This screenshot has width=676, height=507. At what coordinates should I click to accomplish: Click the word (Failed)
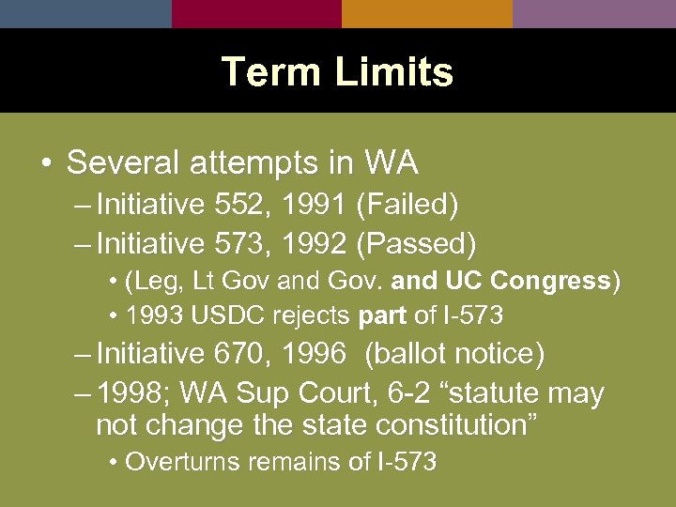tap(407, 204)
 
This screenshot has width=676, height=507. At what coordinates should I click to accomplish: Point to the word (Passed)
tap(416, 244)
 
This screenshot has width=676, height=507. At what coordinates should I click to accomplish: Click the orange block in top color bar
tap(427, 13)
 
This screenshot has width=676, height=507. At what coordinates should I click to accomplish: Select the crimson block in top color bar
tap(256, 13)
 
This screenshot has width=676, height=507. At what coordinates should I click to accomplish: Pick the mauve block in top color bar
tap(594, 13)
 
